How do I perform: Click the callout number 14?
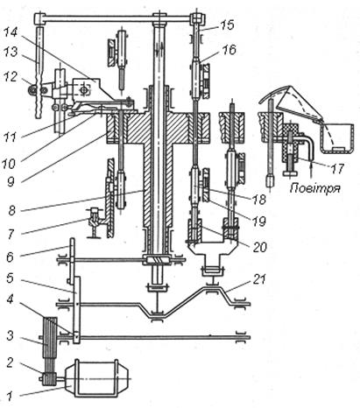pos(11,31)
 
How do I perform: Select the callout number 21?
pos(259,279)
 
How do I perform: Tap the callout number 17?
pos(337,169)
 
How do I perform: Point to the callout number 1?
pos(10,397)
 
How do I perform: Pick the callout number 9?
pos(11,182)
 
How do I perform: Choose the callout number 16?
pos(229,50)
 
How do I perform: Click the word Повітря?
pos(315,187)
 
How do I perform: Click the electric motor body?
pos(96,378)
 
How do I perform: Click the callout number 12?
pos(11,77)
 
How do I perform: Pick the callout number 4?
pos(10,299)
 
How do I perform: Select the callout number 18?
pos(259,200)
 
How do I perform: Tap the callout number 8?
pos(11,210)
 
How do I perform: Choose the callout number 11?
pos(10,137)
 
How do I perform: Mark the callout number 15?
pos(228,25)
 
